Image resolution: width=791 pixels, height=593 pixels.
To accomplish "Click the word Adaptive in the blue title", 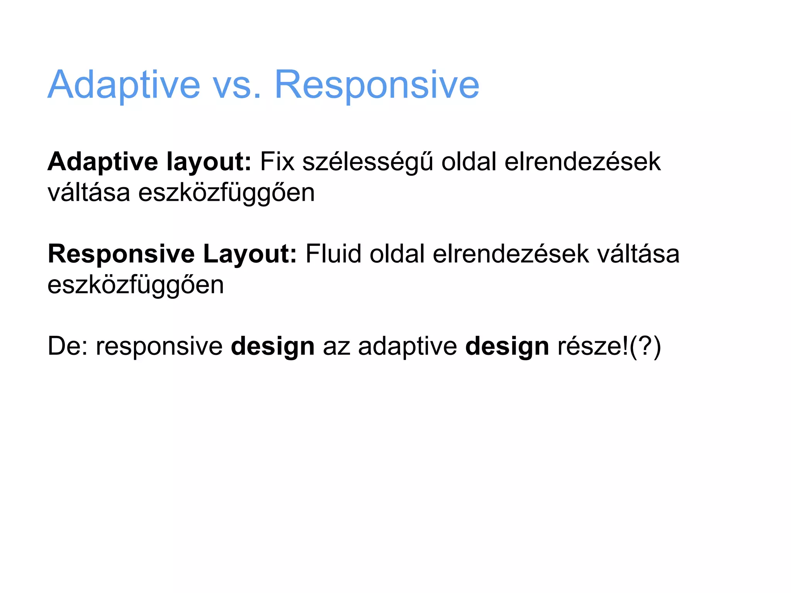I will click(124, 85).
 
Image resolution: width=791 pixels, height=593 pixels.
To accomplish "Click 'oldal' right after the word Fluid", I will click(397, 254).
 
